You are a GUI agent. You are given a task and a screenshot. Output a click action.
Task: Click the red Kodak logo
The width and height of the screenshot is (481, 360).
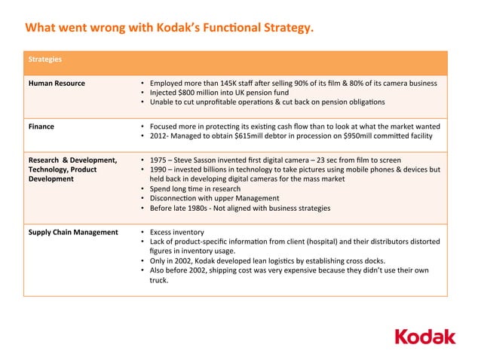click(425, 335)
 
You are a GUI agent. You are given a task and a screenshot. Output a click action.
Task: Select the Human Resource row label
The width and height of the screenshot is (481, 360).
click(57, 83)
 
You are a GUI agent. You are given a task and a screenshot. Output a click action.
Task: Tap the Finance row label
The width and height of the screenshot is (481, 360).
click(41, 126)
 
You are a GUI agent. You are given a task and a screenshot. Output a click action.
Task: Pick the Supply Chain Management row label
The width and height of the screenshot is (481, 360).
click(73, 232)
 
